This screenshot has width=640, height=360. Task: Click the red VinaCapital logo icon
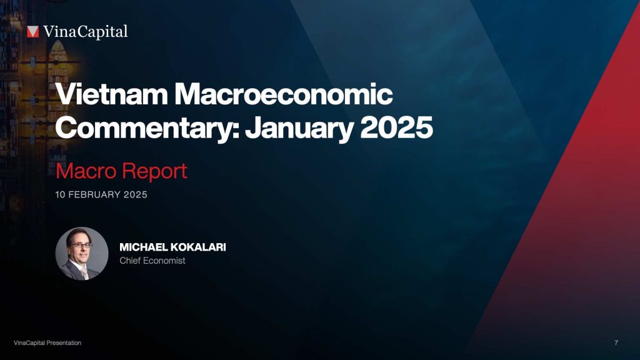click(x=33, y=32)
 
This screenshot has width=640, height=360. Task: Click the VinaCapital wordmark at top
click(x=86, y=31)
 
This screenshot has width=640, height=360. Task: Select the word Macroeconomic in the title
click(x=284, y=95)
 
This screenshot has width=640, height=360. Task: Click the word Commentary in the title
click(x=146, y=128)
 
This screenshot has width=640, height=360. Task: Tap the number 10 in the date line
click(x=61, y=195)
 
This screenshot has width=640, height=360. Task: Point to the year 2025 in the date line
click(x=136, y=195)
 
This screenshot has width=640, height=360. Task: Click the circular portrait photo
click(x=82, y=253)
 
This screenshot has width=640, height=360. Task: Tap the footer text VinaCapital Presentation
click(x=47, y=343)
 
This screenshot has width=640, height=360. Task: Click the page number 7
click(x=616, y=343)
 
